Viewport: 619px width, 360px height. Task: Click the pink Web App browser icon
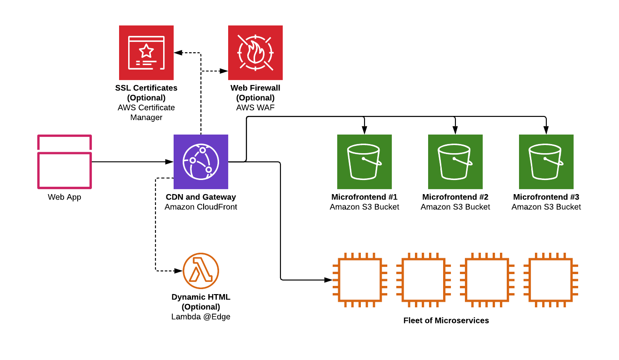pyautogui.click(x=65, y=161)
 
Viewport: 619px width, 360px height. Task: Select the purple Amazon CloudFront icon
pyautogui.click(x=200, y=161)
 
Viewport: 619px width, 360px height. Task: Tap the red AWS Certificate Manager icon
pyautogui.click(x=146, y=53)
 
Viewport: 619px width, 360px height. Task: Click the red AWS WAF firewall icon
pyautogui.click(x=255, y=53)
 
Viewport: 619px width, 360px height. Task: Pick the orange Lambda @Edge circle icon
pyautogui.click(x=200, y=270)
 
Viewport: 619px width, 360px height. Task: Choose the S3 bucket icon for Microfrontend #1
pyautogui.click(x=364, y=161)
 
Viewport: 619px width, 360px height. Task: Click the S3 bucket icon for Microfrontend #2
pyautogui.click(x=455, y=161)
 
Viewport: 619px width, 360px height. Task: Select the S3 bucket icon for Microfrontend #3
pyautogui.click(x=546, y=161)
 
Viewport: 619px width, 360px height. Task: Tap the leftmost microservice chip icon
pyautogui.click(x=359, y=280)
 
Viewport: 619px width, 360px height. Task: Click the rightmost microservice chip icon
pyautogui.click(x=550, y=280)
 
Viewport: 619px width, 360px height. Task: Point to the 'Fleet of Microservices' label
pyautogui.click(x=446, y=320)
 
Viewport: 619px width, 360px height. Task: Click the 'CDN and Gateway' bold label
pyautogui.click(x=200, y=197)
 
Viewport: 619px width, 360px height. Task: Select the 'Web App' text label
pyautogui.click(x=65, y=197)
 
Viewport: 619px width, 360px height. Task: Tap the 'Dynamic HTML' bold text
pyautogui.click(x=200, y=297)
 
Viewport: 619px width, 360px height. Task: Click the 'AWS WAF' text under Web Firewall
pyautogui.click(x=255, y=108)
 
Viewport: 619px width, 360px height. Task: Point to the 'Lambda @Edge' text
pyautogui.click(x=200, y=317)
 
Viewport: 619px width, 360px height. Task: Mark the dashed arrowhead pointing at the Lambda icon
pyautogui.click(x=179, y=271)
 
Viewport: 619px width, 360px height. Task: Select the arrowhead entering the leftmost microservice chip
pyautogui.click(x=329, y=280)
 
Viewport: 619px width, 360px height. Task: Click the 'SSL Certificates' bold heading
pyautogui.click(x=146, y=88)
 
